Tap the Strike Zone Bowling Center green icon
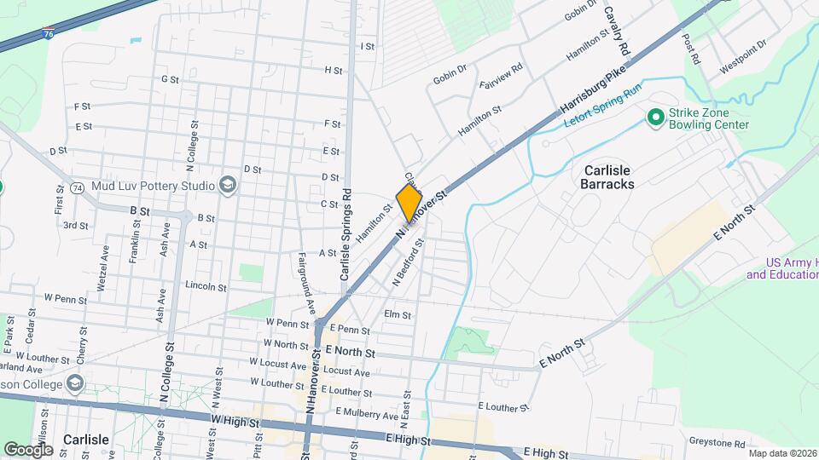coord(655,117)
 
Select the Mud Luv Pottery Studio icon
coord(227,184)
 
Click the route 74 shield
coord(77,187)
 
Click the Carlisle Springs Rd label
coord(345,234)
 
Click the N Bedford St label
coord(408,263)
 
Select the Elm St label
coord(398,314)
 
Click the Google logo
coord(28,449)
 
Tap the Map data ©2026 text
coord(782,453)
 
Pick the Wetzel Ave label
coord(103,272)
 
